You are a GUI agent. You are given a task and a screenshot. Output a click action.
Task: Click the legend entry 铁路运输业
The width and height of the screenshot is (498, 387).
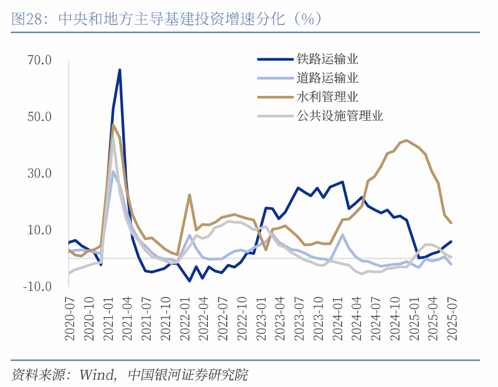tap(327, 59)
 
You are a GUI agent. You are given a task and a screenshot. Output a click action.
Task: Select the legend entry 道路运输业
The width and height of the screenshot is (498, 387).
tap(327, 78)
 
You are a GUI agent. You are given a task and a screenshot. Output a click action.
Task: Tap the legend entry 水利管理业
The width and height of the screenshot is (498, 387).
tap(327, 97)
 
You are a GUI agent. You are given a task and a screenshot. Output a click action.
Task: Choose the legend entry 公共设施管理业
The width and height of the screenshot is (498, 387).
tap(340, 116)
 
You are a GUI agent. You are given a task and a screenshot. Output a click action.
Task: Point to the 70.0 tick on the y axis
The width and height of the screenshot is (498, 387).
tap(39, 61)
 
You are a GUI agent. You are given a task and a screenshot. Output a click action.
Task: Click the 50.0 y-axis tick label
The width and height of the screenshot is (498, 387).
tap(39, 117)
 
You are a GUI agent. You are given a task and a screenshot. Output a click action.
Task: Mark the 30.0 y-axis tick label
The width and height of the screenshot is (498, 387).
tap(39, 173)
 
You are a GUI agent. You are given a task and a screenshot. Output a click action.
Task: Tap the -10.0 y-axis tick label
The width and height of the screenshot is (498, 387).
tap(37, 287)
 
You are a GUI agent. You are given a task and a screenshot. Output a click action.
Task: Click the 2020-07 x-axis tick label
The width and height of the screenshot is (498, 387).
tap(69, 320)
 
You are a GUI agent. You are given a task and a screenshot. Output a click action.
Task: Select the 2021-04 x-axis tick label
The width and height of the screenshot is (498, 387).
tap(127, 320)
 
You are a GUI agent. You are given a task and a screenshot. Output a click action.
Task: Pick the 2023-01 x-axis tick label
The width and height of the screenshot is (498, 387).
tap(260, 320)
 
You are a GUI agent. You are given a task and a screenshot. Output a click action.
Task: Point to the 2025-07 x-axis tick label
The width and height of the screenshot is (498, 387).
tap(451, 320)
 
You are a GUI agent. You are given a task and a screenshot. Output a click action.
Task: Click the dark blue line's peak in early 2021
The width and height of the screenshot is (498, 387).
tap(120, 70)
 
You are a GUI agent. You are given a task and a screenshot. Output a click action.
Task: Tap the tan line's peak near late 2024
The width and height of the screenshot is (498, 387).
tap(407, 140)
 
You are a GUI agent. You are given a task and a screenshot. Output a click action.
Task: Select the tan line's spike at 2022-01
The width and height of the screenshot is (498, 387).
tap(189, 195)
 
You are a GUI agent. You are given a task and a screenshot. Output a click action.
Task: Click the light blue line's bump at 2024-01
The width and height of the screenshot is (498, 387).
tap(342, 235)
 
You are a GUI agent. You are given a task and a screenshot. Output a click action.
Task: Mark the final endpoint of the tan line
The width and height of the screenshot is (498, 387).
tap(451, 222)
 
